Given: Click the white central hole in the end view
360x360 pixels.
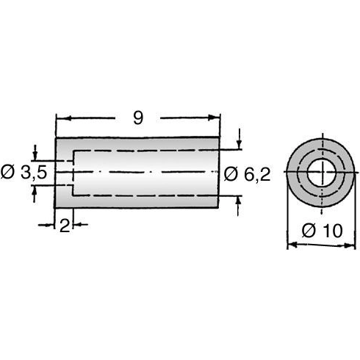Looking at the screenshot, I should coord(320,174).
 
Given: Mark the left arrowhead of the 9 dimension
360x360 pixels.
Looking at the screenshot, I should coord(61,118).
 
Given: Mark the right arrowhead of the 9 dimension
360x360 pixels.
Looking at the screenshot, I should coord(216,118).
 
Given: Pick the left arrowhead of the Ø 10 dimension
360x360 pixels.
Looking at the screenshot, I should coord(289,245).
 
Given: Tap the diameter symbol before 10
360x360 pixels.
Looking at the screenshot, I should coord(309,230).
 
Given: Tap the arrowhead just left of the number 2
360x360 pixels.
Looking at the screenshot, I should coord(54,224).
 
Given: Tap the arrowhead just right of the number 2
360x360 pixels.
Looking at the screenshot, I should coord(76,224).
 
